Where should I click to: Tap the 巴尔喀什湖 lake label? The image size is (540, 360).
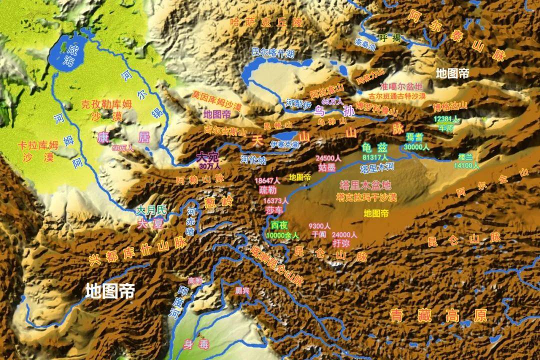tap(273, 52)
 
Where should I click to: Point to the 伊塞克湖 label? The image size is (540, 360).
tap(284, 144)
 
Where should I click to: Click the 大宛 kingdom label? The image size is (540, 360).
tap(209, 157)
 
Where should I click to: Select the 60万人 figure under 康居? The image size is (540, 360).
tap(123, 148)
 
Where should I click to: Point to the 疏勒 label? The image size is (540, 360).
tap(267, 189)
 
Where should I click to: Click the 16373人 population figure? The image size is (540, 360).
tap(276, 200)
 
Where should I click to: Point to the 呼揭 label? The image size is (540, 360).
tap(389, 37)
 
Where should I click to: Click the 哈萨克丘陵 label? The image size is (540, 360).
tap(266, 22)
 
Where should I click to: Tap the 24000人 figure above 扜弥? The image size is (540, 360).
tap(344, 234)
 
